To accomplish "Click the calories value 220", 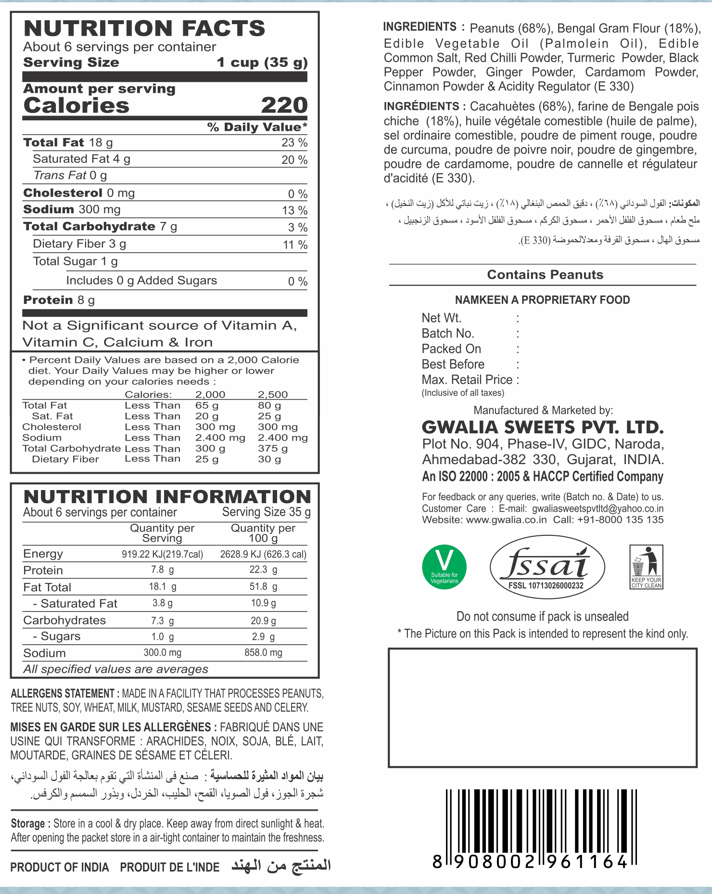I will point(284,105).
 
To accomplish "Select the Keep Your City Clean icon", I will point(646,567).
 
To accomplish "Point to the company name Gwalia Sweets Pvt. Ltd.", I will point(543,427).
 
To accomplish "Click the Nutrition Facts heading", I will point(144,28).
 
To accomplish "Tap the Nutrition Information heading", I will point(167,497).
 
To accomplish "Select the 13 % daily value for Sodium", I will point(294,210).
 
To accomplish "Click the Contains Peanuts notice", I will point(545,274).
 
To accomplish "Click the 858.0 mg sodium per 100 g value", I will point(263,653).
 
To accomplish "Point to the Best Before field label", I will point(453,364).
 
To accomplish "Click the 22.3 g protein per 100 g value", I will point(263,570).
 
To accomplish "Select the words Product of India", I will point(60,867).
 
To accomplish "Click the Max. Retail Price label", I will point(467,379).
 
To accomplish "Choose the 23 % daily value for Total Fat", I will point(294,143).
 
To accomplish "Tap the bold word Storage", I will point(28,824).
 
